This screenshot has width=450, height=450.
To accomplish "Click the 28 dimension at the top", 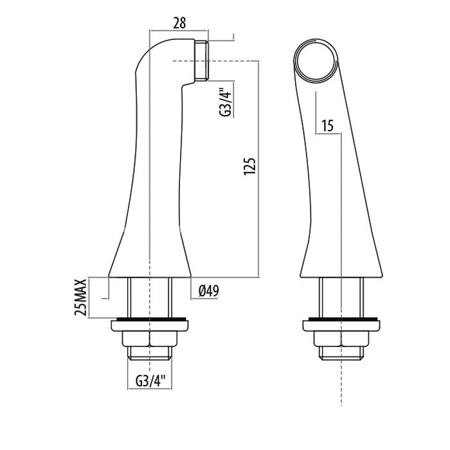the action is point(179,23).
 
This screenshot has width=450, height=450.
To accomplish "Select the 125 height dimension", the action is point(249,166).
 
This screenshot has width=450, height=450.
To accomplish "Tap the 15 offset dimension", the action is point(327,126).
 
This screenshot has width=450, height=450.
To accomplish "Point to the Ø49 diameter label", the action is point(209,291).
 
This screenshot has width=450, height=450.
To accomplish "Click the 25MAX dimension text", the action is point(80,297).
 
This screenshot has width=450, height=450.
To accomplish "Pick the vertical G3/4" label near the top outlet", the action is point(225,103).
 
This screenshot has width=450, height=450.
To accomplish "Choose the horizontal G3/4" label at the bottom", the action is point(150,381).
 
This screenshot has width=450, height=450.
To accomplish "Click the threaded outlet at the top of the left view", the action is point(201,61).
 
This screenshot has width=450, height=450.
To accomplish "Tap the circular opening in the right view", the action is point(316,61).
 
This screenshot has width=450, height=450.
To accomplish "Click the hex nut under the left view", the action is point(150,339).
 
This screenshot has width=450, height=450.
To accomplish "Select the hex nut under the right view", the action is point(341,339).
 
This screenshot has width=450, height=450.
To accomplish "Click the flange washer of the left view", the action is point(150,326).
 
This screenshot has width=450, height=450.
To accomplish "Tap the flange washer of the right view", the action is point(341,326).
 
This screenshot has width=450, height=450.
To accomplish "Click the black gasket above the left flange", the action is point(150,319).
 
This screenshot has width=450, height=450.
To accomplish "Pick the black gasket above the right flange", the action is point(341,319).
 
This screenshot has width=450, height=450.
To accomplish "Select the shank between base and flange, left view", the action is point(150,297).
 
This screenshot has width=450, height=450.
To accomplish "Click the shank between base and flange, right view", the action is point(341,297).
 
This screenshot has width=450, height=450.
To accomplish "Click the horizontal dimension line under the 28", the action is point(179,30).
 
